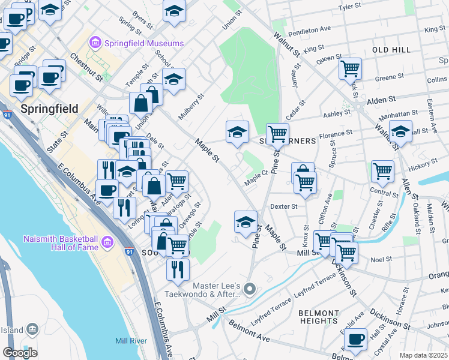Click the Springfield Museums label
pos(144,43)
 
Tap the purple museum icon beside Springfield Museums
pos(95,43)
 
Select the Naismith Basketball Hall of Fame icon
pos(107,243)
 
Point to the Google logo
pos(20,352)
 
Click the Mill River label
pos(131,341)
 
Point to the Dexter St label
pos(284,206)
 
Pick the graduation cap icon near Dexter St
pos(245,221)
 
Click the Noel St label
pos(381,259)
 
